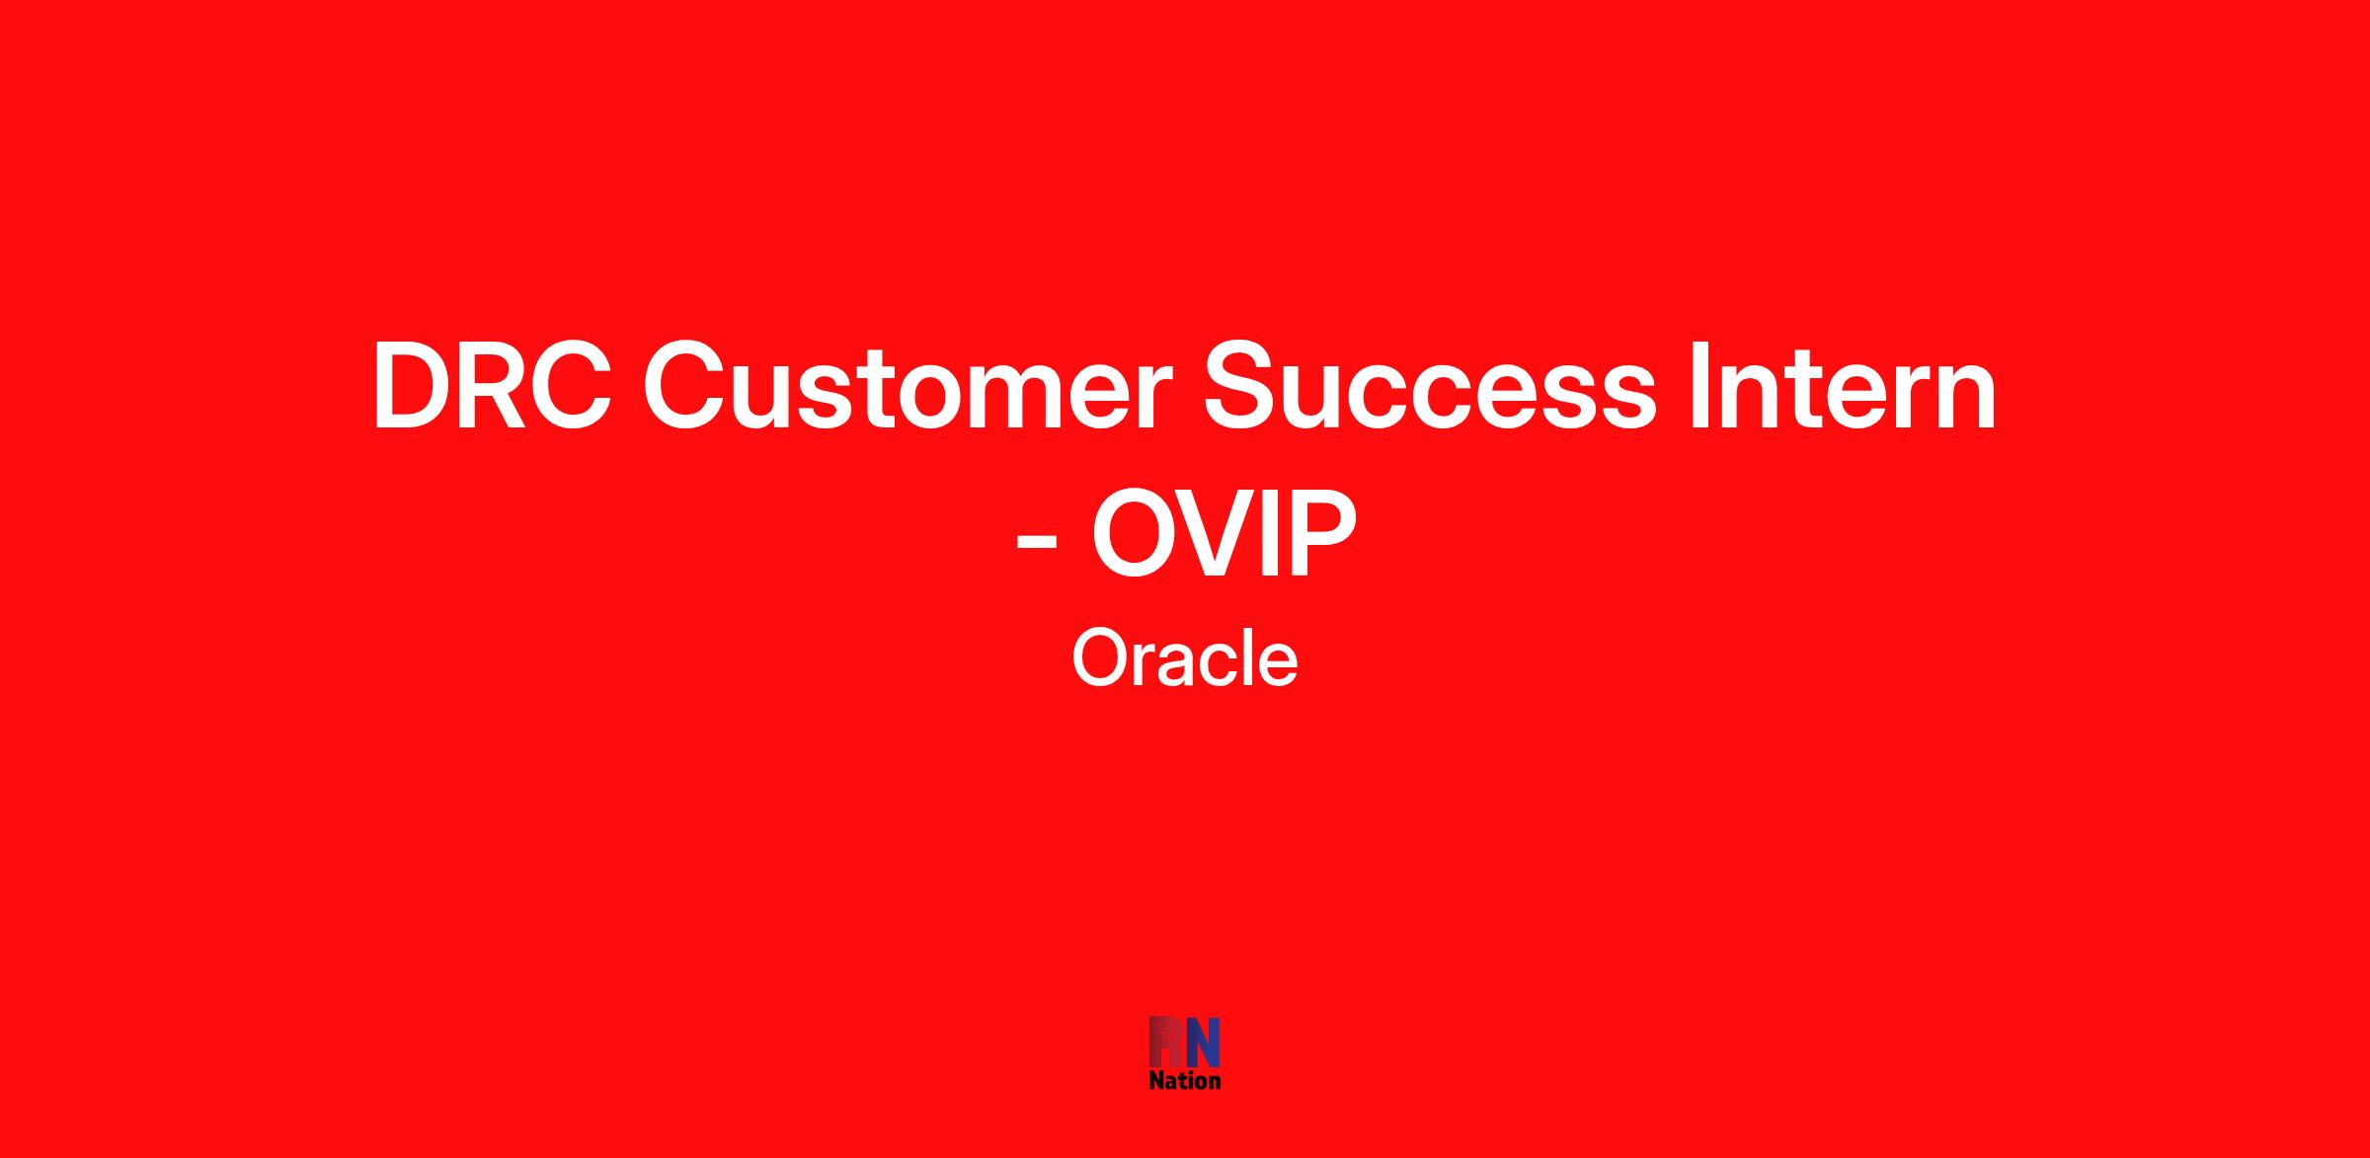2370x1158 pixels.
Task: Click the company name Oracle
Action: point(1185,658)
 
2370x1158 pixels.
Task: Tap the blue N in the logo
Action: point(1203,1042)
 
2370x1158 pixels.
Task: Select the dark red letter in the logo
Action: point(1166,1042)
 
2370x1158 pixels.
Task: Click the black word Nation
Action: point(1185,1080)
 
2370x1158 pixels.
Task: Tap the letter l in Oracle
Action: point(1244,658)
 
